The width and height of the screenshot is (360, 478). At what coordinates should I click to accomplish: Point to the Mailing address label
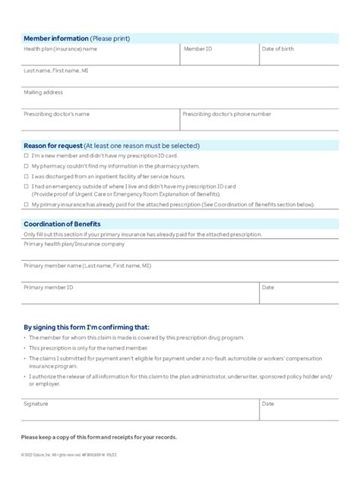[43, 92]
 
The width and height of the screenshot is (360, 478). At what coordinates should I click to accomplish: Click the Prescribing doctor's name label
[57, 114]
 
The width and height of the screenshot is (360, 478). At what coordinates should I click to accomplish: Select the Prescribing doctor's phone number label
[226, 114]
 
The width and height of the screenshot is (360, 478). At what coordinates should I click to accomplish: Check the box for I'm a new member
[26, 156]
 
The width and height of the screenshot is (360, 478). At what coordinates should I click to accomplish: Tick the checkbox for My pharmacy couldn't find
[26, 165]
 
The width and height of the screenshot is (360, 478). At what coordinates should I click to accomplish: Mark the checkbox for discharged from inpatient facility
[26, 175]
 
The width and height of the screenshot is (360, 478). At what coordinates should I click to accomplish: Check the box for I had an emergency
[26, 185]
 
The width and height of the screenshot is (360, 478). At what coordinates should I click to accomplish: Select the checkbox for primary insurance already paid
[26, 205]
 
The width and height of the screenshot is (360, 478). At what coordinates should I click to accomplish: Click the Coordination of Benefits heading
[62, 224]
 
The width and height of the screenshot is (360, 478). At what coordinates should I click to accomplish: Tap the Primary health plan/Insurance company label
[74, 244]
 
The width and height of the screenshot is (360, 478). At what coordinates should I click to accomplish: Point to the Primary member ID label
[49, 288]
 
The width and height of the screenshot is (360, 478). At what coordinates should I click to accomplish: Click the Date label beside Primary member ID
[268, 288]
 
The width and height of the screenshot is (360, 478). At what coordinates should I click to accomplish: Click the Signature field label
[36, 404]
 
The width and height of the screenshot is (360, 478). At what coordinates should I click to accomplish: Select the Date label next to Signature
[268, 404]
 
